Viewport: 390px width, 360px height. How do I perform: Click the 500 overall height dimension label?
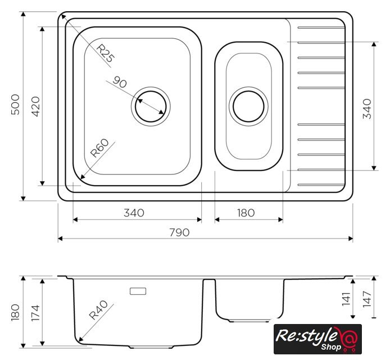(15, 105)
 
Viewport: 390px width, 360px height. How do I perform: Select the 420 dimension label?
(35, 106)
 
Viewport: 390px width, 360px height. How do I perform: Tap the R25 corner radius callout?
(106, 53)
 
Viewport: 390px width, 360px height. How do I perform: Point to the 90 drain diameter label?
(120, 82)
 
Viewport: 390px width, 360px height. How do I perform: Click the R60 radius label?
(99, 148)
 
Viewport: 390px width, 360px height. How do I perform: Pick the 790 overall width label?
(179, 232)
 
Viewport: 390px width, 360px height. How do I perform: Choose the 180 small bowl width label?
(246, 213)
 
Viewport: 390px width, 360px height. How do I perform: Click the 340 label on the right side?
(367, 109)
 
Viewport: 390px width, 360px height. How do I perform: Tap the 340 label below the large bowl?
(134, 213)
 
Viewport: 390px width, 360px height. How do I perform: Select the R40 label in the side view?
(98, 310)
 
